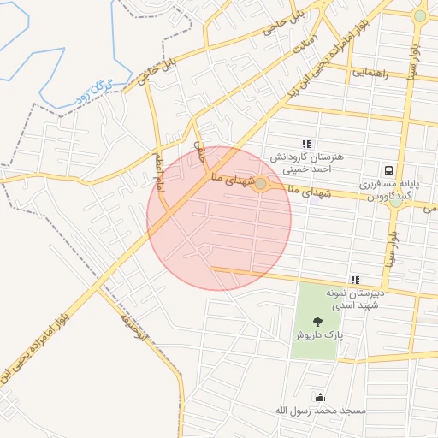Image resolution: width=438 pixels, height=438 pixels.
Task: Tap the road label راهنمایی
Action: coord(370,74)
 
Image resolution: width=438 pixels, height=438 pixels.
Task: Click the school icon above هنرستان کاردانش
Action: coord(306,144)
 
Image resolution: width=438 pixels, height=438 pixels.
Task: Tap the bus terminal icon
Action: coord(389,170)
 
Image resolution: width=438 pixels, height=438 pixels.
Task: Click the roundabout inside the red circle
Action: coord(260,183)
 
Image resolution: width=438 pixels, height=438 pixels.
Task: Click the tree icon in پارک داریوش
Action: coord(318,323)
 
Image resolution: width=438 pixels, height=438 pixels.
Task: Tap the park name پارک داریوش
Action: coord(317,337)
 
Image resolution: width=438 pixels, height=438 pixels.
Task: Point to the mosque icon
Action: coord(320,397)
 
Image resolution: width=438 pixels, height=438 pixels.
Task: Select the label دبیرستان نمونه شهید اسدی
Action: coord(355,299)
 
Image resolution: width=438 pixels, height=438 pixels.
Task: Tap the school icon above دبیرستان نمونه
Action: coord(354,280)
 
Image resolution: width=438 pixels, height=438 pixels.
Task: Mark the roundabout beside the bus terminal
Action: coord(396,202)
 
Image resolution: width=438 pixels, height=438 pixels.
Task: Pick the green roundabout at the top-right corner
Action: coord(419,16)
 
